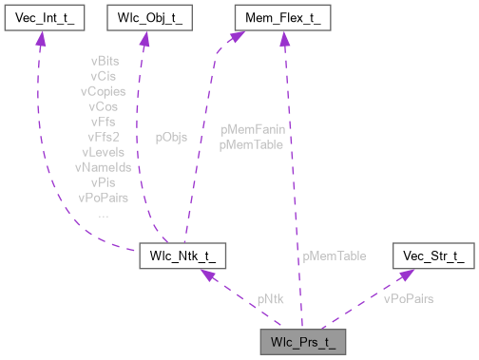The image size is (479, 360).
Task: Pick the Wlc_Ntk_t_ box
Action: [182, 256]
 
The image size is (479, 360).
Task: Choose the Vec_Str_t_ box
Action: [432, 256]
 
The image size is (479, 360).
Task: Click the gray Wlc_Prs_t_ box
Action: [301, 341]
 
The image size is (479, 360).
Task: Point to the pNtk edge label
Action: [270, 298]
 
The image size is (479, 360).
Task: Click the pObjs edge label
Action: [171, 137]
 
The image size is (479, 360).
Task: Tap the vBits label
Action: [105, 60]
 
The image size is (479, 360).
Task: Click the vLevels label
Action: [105, 151]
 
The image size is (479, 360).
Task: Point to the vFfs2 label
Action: [105, 136]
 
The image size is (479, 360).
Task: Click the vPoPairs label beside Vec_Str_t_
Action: [409, 298]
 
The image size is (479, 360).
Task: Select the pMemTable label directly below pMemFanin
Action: [250, 144]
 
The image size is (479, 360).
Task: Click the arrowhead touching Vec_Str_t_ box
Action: [405, 275]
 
